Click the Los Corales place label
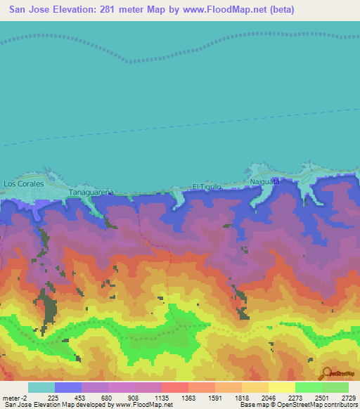[x=24, y=183]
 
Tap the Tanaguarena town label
[x=91, y=191]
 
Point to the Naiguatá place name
[x=265, y=181]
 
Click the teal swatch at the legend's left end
[x=41, y=387]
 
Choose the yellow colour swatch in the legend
[x=281, y=387]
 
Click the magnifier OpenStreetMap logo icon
[x=326, y=372]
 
